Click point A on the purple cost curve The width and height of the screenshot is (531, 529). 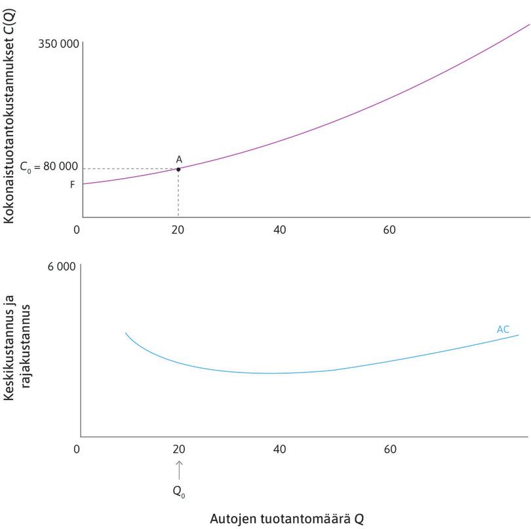coord(178,169)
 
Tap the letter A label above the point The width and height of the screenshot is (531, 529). coord(179,159)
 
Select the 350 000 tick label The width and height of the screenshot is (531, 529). coord(59,44)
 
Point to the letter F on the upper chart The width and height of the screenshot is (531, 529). coord(72,185)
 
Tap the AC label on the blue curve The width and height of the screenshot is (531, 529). coord(503,329)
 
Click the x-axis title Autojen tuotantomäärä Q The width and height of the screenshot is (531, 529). coord(286,519)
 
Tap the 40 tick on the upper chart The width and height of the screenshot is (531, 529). coord(280,230)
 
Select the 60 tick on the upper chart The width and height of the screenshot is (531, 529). coord(391,230)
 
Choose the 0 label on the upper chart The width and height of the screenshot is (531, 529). coord(77,230)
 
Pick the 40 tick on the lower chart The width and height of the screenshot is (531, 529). coord(280,449)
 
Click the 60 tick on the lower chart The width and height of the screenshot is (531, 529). coord(391,449)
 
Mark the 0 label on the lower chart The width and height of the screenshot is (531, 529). coord(77,449)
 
